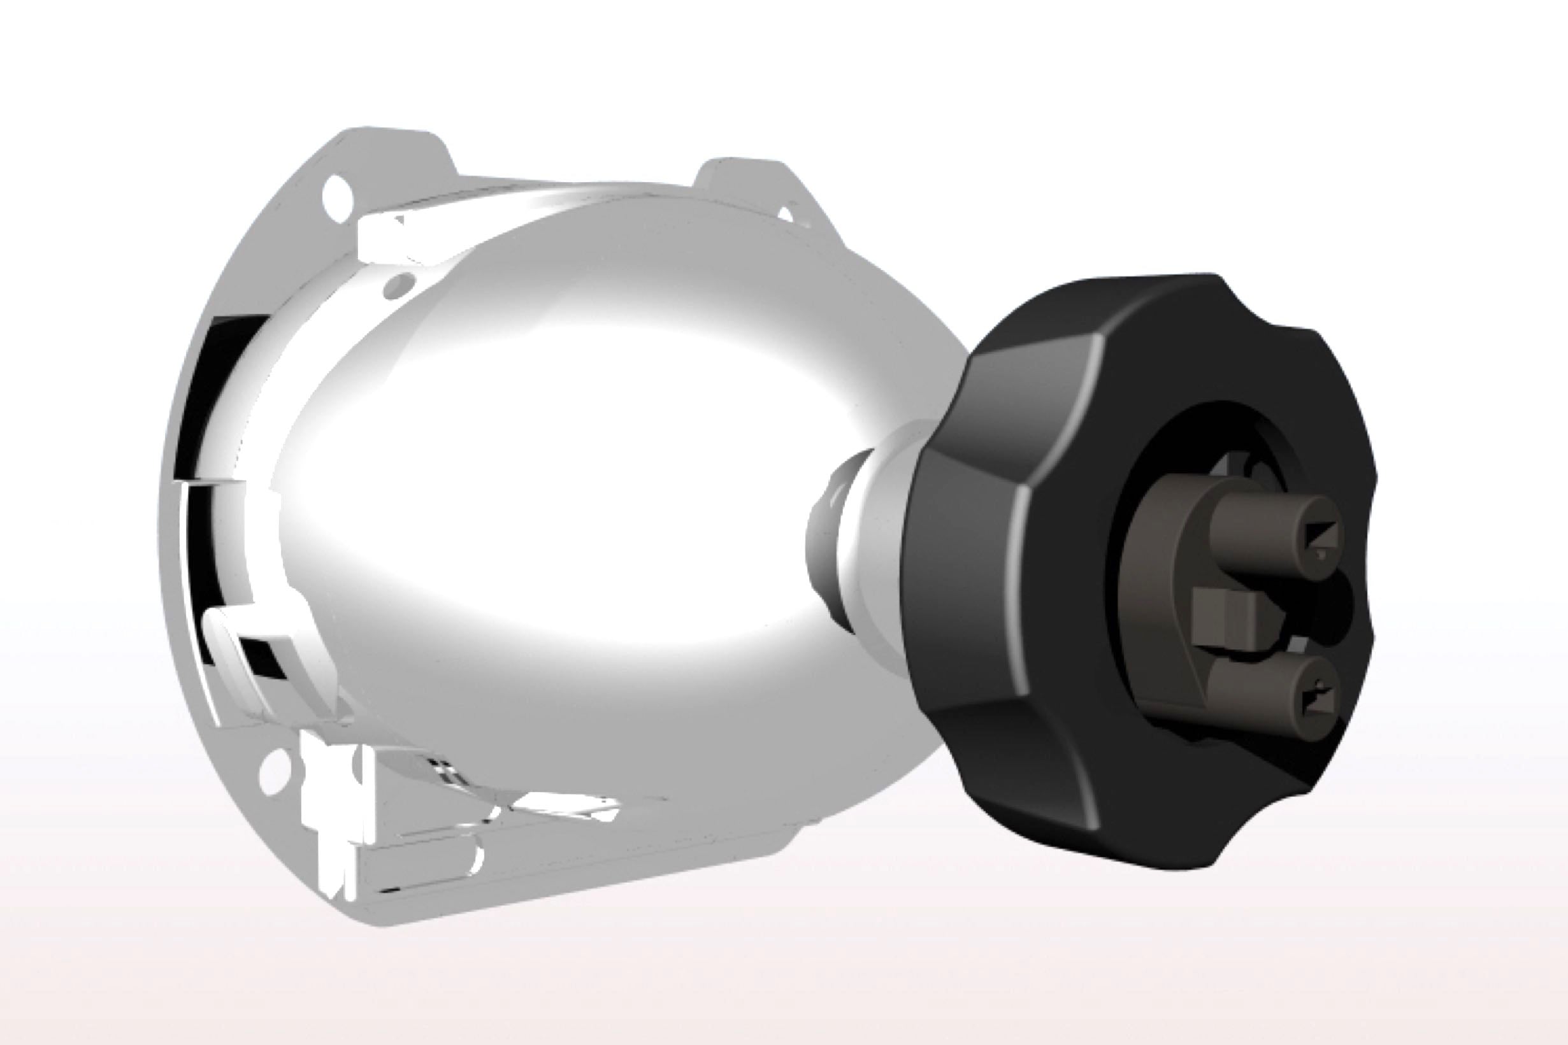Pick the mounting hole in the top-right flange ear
click(x=787, y=215)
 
